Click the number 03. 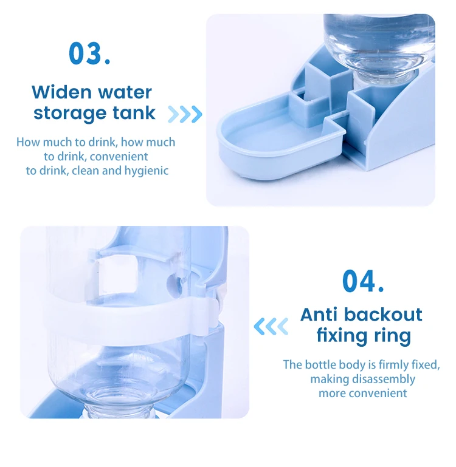tap(89, 53)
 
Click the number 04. tap(362, 281)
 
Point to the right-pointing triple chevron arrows tap(185, 114)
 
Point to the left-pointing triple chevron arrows tap(271, 327)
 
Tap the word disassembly tap(384, 379)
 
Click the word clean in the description tap(85, 171)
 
